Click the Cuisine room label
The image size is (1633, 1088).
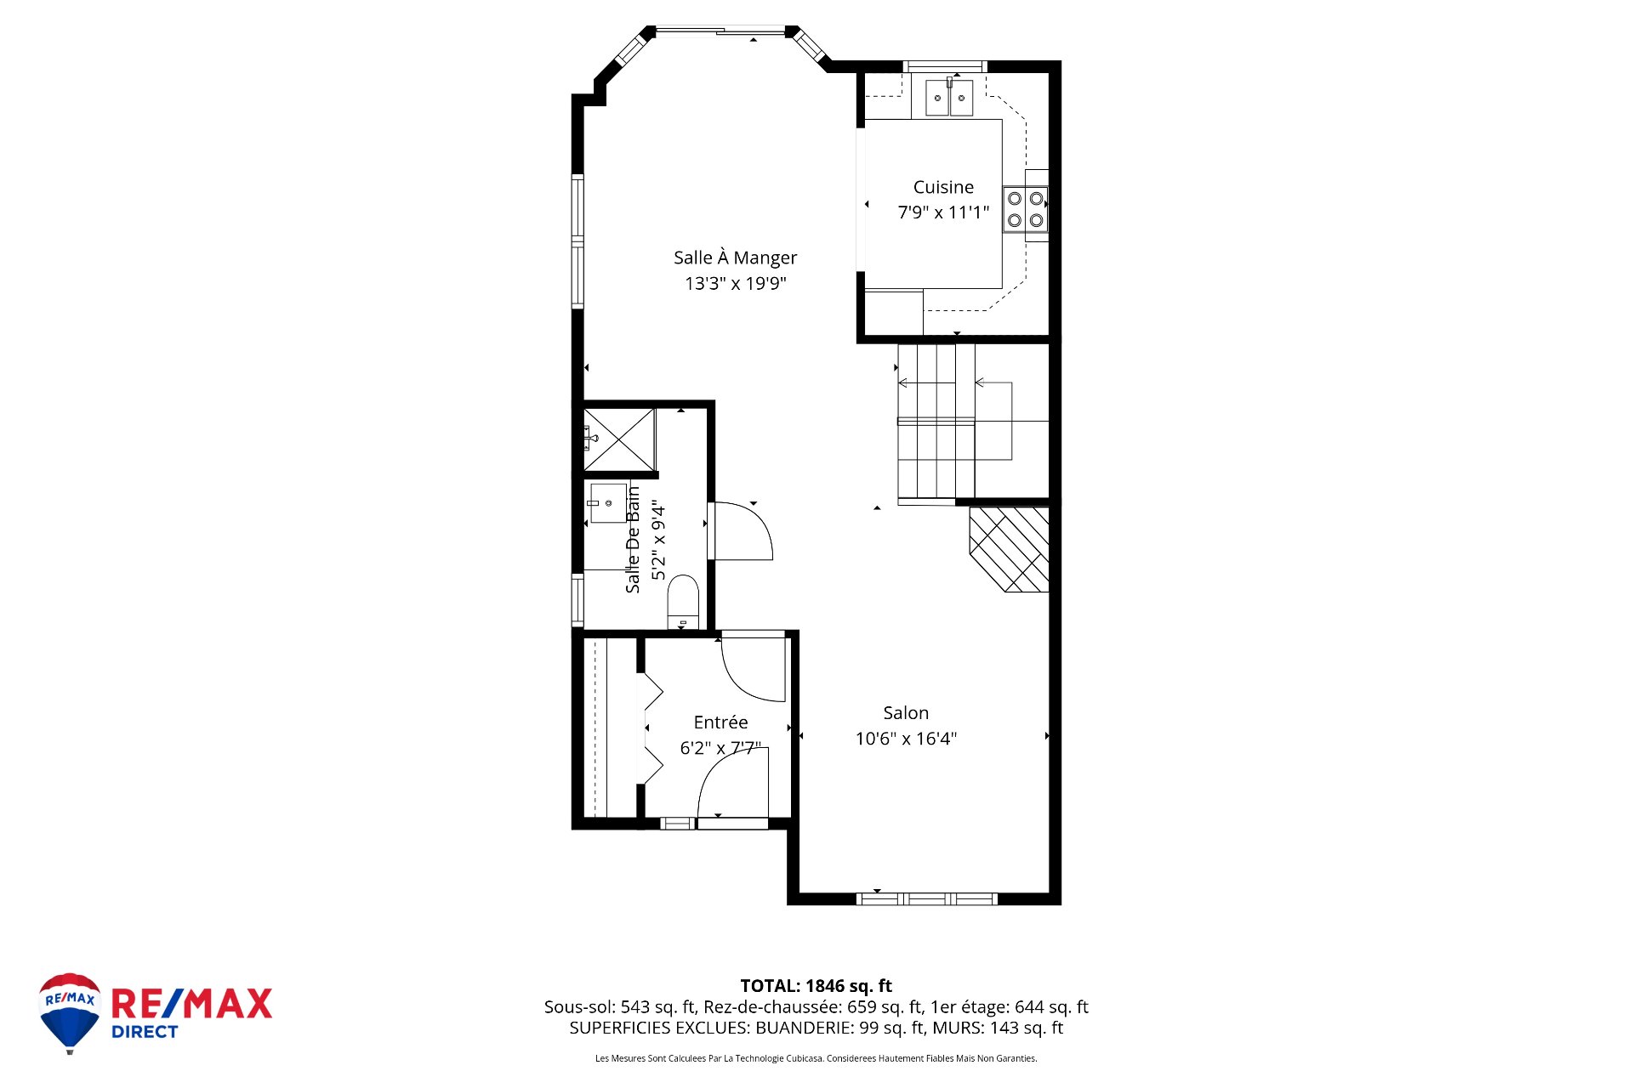point(943,187)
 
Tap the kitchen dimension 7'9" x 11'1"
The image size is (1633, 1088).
point(943,212)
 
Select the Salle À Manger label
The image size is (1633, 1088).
point(735,258)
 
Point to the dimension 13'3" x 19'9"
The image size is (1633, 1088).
point(735,283)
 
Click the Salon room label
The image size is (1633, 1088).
point(906,713)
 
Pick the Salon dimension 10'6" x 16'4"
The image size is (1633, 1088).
point(906,739)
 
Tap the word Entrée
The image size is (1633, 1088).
point(720,722)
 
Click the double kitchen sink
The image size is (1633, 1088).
point(949,98)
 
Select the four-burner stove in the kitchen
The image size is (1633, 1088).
point(1025,209)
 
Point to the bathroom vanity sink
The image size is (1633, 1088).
point(607,503)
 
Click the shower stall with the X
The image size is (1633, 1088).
point(619,439)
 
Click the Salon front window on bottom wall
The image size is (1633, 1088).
point(926,898)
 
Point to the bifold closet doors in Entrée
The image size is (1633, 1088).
point(651,728)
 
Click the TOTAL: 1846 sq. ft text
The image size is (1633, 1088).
point(816,986)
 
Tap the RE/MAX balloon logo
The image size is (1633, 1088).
point(70,1011)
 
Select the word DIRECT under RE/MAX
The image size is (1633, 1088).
point(145,1032)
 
